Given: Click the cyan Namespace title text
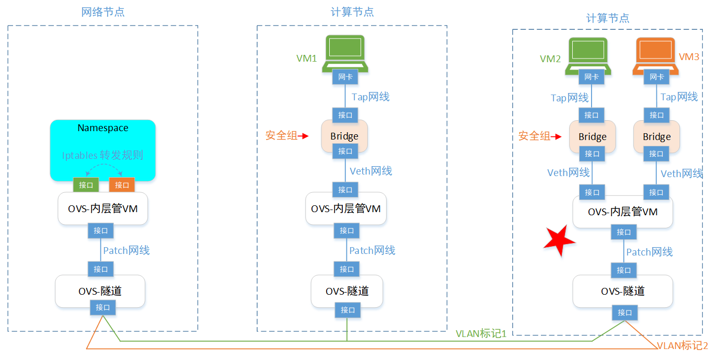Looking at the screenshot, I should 103,128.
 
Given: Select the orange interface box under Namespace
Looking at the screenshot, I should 122,185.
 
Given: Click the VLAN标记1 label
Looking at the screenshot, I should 481,333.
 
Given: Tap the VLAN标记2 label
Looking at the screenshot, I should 682,345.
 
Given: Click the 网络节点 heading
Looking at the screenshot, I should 103,12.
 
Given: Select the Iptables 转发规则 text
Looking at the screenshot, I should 102,155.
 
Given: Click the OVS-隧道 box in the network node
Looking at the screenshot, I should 99,292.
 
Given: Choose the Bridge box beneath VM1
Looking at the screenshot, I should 344,136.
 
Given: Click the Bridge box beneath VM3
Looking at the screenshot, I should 656,137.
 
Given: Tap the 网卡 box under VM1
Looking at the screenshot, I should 345,77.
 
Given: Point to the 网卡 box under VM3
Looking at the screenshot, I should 656,77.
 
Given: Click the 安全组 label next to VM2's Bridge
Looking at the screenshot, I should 534,136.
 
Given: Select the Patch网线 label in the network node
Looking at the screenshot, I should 126,250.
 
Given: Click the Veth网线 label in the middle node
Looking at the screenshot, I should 371,171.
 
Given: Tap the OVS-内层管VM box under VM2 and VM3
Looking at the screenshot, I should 622,212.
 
